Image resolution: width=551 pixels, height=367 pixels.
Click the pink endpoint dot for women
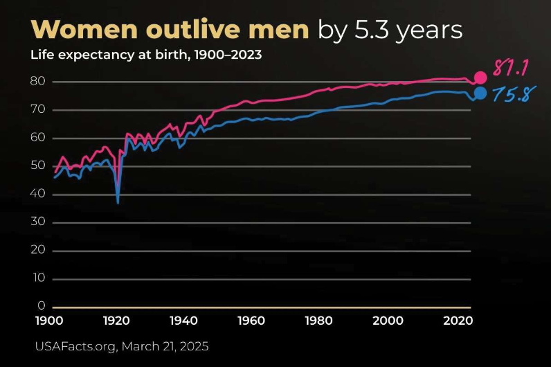click(480, 78)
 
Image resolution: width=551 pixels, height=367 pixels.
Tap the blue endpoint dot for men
click(480, 93)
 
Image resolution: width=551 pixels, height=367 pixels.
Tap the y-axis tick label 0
click(41, 306)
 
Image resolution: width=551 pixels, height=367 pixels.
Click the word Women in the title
click(81, 30)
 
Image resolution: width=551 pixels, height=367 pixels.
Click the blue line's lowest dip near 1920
click(118, 202)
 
